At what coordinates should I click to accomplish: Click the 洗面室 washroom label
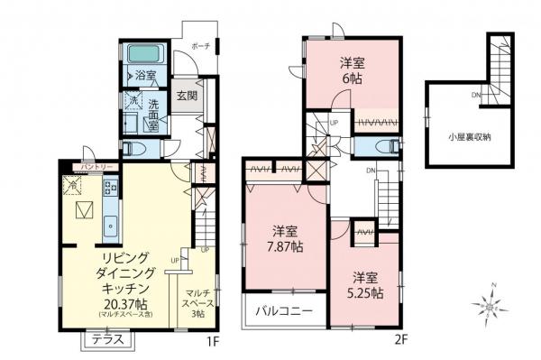pyautogui.click(x=153, y=113)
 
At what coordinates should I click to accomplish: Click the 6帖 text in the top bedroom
pyautogui.click(x=352, y=78)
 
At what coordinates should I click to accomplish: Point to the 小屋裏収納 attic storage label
pyautogui.click(x=472, y=138)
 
